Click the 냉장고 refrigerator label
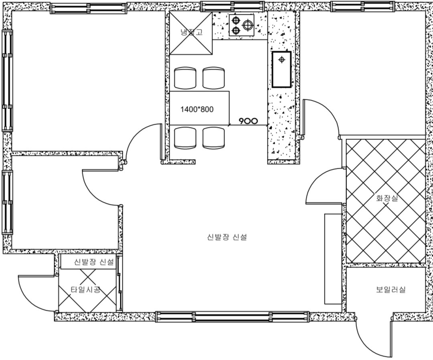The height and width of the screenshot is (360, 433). (191, 32)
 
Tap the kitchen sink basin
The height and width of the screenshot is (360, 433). (281, 69)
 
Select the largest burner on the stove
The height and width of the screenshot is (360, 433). (248, 25)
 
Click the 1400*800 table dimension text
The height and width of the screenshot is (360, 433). (197, 109)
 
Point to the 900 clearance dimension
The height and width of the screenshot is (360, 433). (248, 121)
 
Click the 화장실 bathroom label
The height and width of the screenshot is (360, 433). (387, 198)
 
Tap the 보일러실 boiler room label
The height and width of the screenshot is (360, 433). (391, 289)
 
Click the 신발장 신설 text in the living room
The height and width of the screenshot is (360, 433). (227, 237)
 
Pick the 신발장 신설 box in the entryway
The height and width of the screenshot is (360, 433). (88, 262)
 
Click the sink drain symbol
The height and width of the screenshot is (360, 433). (281, 59)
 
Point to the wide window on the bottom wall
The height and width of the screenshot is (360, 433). (232, 316)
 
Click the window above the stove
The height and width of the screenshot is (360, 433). (233, 6)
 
